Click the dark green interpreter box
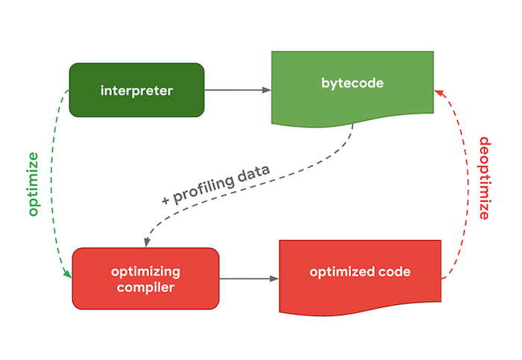136,90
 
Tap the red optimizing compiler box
145,278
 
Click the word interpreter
136,91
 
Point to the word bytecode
352,83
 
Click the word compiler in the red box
145,287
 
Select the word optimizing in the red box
145,271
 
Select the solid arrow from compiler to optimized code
249,279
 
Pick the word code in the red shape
395,272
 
